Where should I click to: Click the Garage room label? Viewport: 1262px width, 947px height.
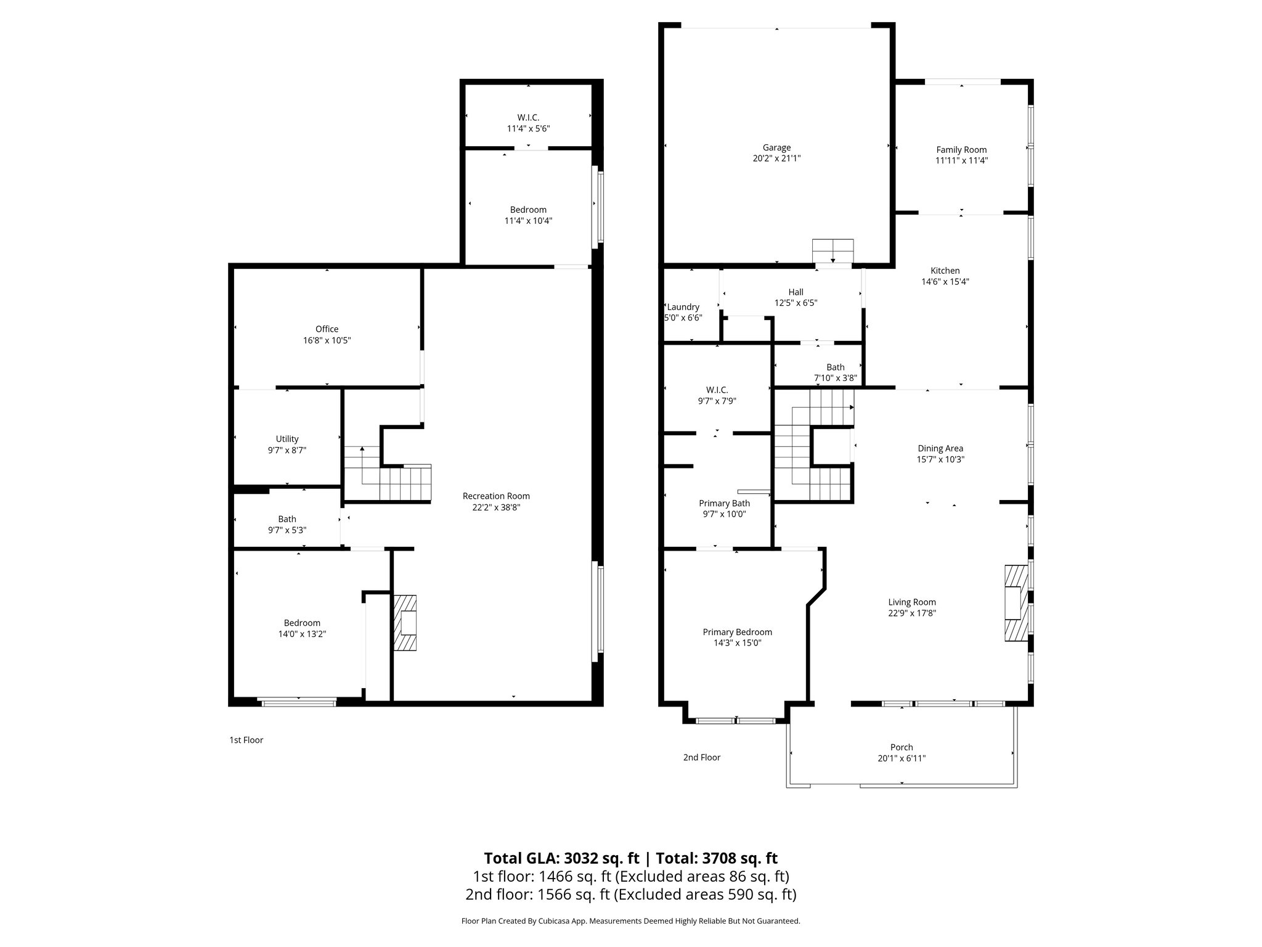click(776, 147)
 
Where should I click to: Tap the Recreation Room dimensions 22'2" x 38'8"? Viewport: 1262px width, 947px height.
click(496, 507)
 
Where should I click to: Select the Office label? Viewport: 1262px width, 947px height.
click(327, 329)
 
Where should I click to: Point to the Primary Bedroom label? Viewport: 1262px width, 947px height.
click(737, 632)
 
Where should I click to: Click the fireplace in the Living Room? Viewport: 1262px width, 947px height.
click(1016, 602)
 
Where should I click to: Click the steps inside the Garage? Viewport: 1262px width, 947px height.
click(833, 251)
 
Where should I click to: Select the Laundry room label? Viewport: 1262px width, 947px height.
click(683, 307)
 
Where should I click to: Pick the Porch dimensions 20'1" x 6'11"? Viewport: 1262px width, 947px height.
click(902, 758)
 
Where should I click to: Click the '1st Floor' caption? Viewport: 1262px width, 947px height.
click(246, 740)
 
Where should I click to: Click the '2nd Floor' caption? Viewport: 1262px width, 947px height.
click(701, 757)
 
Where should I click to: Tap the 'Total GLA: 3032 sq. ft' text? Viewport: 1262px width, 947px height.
click(561, 858)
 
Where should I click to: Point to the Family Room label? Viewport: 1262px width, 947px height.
click(961, 150)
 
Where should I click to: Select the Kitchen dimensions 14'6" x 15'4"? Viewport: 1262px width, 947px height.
click(945, 282)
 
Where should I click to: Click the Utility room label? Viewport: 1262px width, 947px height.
click(287, 439)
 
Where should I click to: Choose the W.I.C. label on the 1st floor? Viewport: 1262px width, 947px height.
click(528, 118)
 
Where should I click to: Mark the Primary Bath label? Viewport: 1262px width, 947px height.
click(724, 503)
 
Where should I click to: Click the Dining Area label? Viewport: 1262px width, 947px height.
click(940, 448)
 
